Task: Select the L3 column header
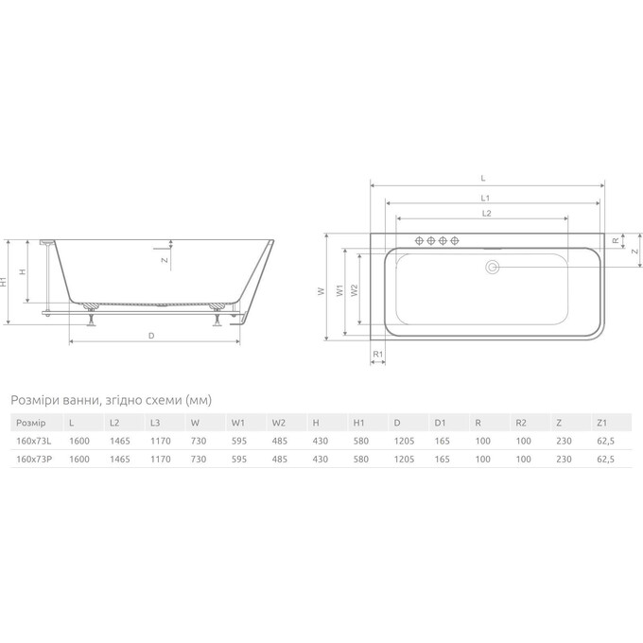[x=156, y=423]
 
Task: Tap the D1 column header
[x=440, y=423]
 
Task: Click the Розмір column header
[x=29, y=423]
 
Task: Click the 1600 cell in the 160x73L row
[x=78, y=441]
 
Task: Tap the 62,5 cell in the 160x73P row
[x=605, y=459]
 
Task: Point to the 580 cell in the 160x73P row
[x=360, y=459]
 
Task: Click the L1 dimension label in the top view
[x=484, y=198]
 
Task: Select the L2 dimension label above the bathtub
[x=485, y=215]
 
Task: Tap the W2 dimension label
[x=354, y=291]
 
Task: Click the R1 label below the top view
[x=376, y=354]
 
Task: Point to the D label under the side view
[x=151, y=335]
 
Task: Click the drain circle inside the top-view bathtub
[x=492, y=268]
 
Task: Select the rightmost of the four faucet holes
[x=455, y=240]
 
